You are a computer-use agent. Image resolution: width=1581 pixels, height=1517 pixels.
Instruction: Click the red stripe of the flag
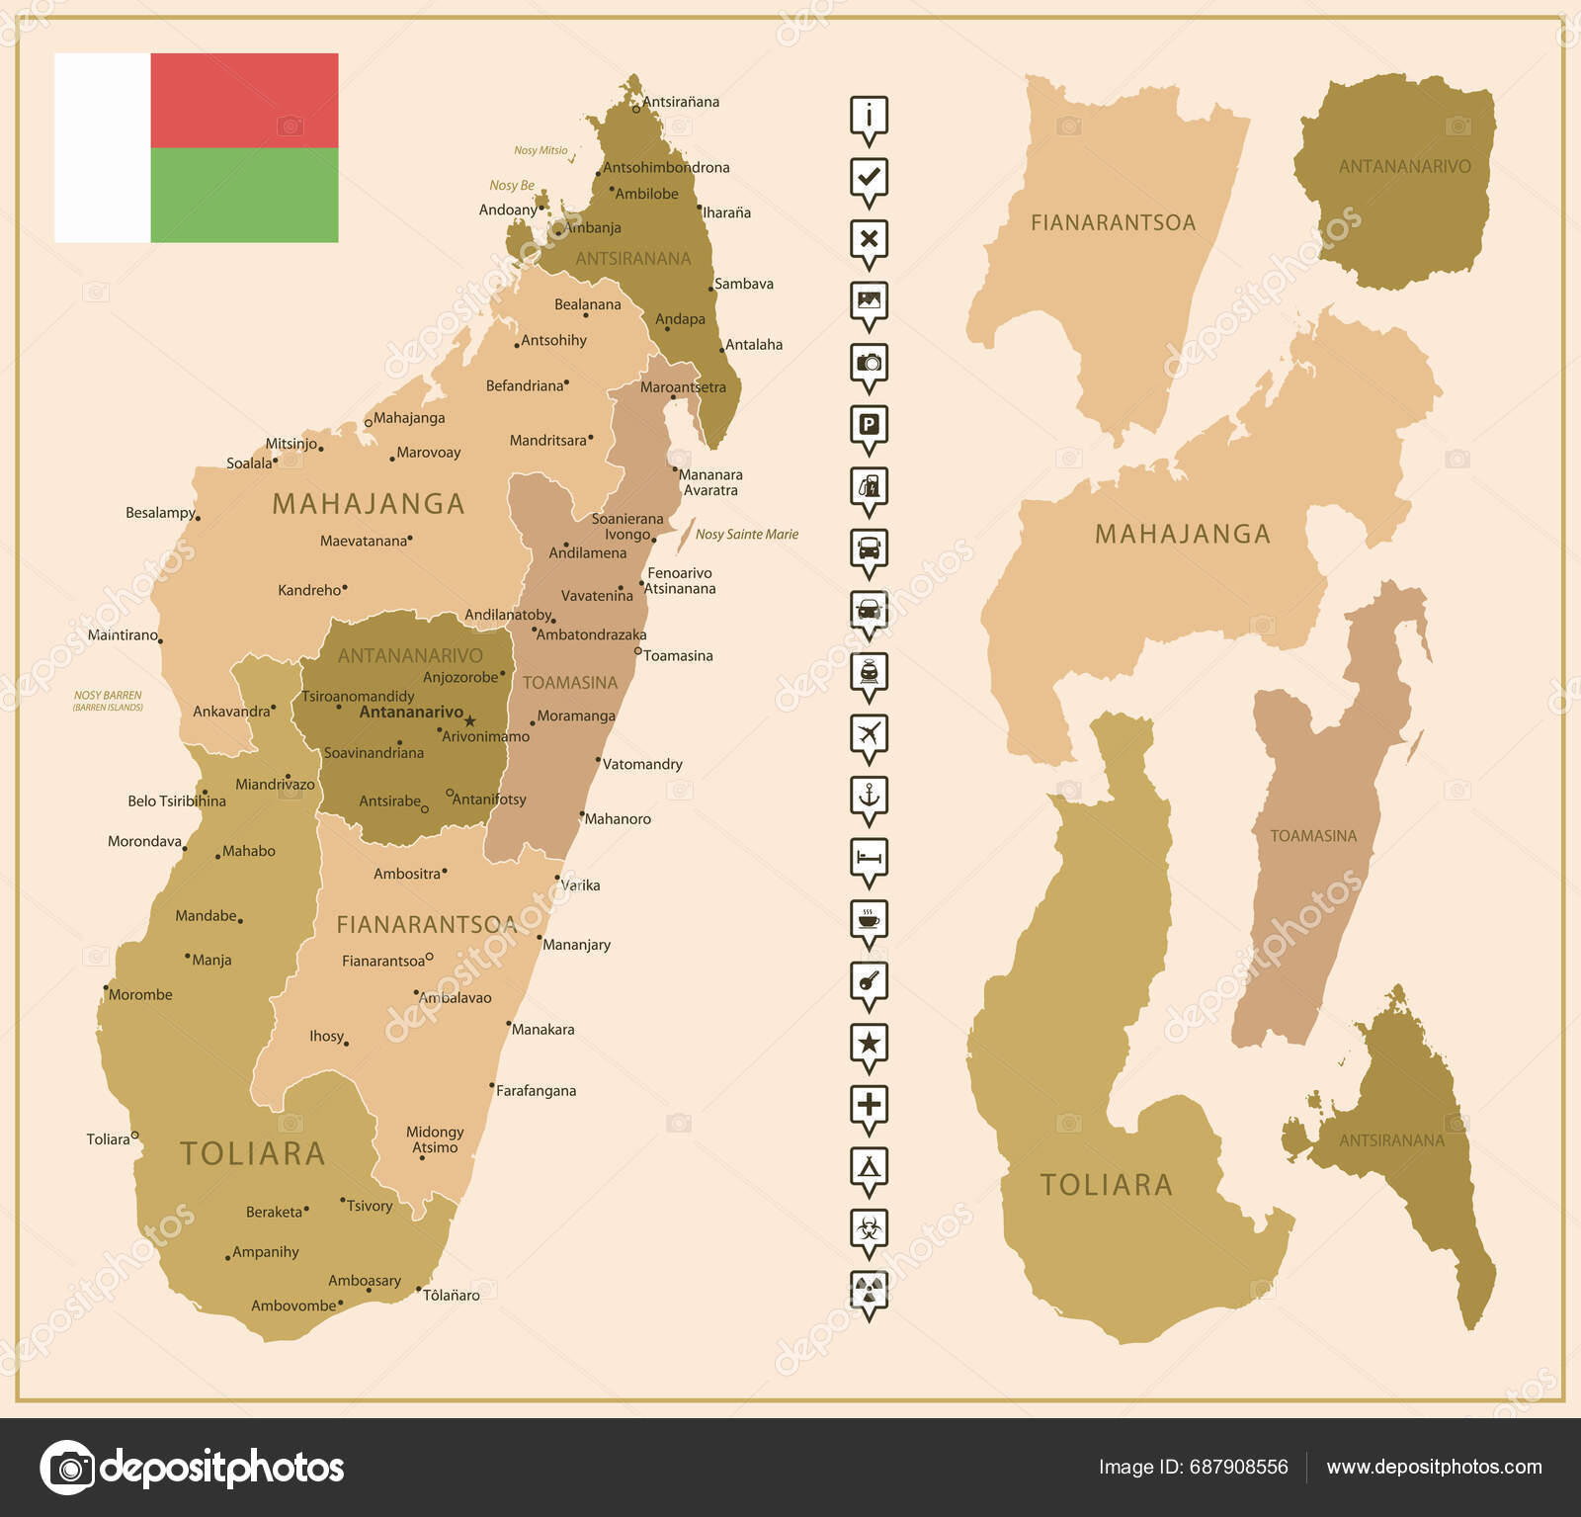point(244,101)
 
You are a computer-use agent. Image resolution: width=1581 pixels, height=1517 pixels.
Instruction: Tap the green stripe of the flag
point(244,195)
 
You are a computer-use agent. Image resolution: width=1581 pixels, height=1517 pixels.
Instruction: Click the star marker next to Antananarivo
point(470,720)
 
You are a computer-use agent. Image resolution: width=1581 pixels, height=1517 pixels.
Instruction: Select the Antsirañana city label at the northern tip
point(680,102)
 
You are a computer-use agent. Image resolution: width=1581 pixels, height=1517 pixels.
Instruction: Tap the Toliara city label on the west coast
point(109,1139)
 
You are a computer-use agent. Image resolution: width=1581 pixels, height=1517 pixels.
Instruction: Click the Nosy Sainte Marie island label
point(746,535)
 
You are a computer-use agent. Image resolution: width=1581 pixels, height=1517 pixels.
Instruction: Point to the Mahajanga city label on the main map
point(409,418)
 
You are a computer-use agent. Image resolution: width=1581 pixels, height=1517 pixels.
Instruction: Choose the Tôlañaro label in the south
point(452,1295)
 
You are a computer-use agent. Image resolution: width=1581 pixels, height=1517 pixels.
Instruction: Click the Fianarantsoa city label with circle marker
point(383,961)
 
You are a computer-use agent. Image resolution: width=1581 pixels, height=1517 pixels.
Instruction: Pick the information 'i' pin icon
point(869,116)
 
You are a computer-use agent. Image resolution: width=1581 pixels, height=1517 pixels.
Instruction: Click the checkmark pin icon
point(869,178)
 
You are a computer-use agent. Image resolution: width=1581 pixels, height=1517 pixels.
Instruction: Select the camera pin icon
point(869,363)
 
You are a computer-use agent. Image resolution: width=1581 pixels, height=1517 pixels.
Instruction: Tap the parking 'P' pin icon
point(869,425)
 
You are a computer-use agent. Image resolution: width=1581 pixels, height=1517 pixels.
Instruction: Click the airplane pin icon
point(869,733)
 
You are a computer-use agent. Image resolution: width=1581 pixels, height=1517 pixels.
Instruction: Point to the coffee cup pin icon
point(869,918)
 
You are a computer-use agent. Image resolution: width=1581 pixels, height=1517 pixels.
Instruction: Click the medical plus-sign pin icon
point(869,1104)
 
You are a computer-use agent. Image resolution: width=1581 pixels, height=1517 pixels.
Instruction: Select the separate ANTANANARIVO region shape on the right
point(1395,183)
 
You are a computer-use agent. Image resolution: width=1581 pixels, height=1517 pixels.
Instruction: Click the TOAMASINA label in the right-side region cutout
point(1313,836)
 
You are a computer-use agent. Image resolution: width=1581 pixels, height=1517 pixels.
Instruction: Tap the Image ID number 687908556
point(1238,1467)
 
